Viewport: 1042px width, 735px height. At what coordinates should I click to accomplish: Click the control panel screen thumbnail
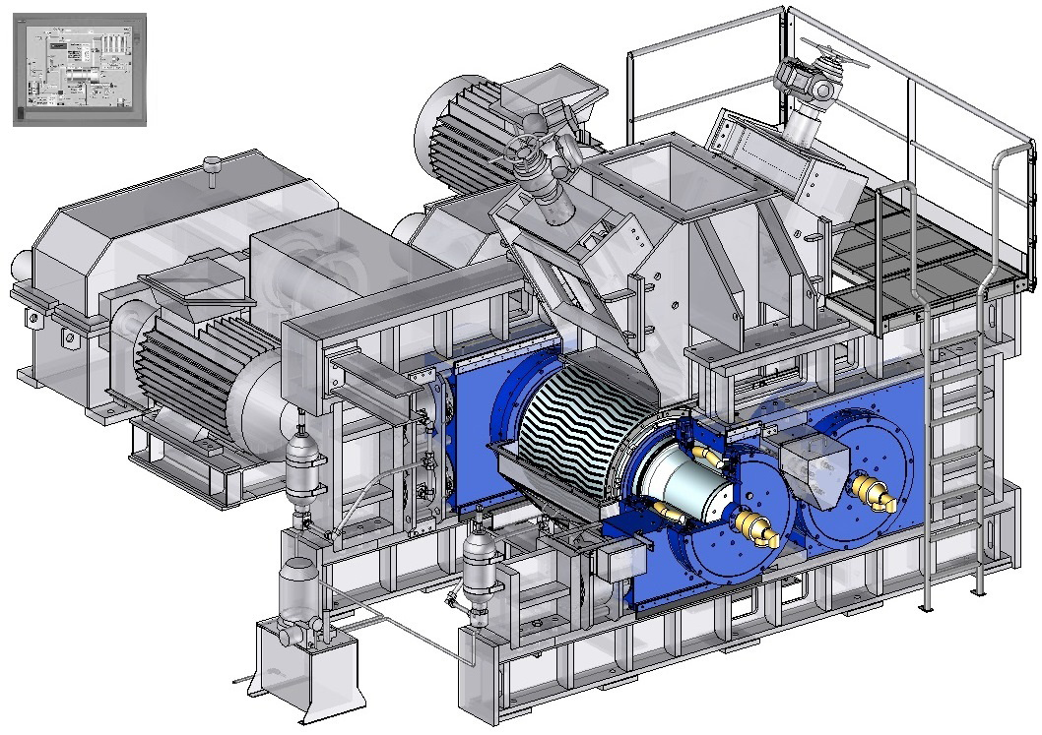(x=80, y=69)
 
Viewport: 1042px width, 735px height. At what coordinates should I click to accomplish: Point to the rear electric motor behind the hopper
(x=463, y=133)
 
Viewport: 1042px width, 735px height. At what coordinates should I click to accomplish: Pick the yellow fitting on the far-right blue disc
(x=873, y=490)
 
